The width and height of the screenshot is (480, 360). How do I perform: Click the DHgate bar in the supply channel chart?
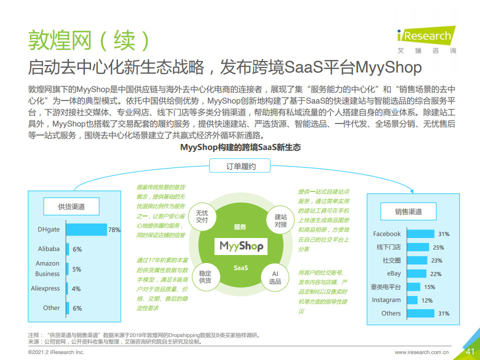[86, 229]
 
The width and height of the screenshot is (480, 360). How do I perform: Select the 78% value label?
[114, 230]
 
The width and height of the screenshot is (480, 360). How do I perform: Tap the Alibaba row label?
[48, 249]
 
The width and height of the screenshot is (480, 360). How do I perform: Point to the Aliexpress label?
[45, 288]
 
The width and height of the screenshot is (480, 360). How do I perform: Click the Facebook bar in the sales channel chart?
[420, 234]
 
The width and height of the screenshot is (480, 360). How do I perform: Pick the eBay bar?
[416, 273]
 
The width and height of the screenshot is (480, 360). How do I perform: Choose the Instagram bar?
[412, 300]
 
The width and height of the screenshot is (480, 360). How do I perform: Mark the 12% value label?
[426, 300]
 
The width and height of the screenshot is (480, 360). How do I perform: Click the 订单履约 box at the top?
[239, 166]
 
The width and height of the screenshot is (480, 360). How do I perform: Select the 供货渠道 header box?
[71, 206]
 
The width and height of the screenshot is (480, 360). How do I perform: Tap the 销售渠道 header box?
[408, 211]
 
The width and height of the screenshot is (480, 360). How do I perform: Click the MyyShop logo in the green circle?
[241, 246]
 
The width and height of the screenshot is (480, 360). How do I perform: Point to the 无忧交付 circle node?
[202, 216]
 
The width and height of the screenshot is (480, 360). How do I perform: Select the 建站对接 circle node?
[280, 220]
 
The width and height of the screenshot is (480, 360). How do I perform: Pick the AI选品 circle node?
[275, 277]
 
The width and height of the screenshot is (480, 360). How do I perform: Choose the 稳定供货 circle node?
[205, 276]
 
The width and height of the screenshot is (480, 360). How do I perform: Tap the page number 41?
[470, 351]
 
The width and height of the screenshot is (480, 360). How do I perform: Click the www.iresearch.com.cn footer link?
[421, 352]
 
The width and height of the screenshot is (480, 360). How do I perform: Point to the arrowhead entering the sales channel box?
[411, 191]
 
